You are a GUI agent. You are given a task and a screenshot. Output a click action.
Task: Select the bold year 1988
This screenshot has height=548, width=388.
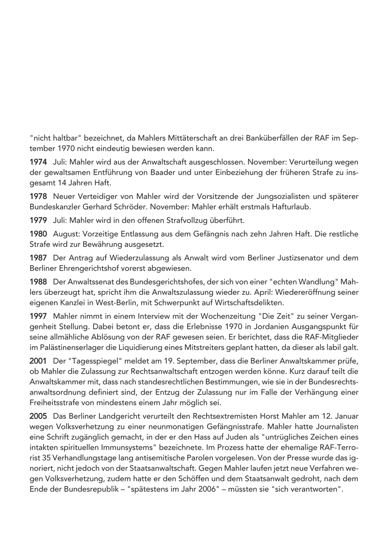pyautogui.click(x=38, y=281)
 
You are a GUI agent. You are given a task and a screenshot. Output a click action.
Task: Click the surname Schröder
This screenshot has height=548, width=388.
pyautogui.click(x=134, y=206)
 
